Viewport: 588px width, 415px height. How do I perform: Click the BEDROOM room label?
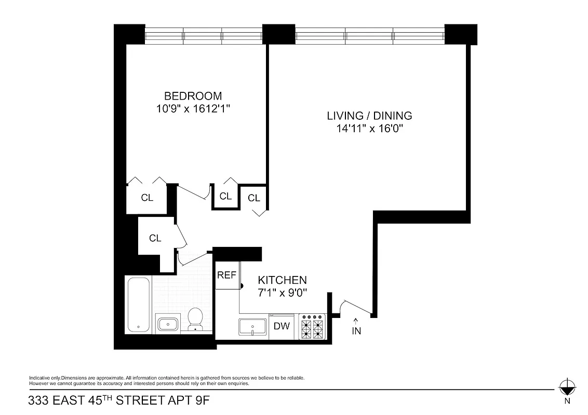pyautogui.click(x=193, y=96)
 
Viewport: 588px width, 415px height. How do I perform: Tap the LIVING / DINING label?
pyautogui.click(x=369, y=116)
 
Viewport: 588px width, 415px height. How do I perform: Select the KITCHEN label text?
pyautogui.click(x=282, y=280)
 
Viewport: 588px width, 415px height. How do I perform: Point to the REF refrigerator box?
pyautogui.click(x=226, y=275)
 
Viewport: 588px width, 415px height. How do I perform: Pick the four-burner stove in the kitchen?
pyautogui.click(x=312, y=327)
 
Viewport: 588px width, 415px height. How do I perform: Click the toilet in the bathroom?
pyautogui.click(x=195, y=319)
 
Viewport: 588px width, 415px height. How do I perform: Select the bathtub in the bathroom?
pyautogui.click(x=138, y=305)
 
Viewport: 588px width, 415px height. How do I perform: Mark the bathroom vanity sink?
pyautogui.click(x=168, y=325)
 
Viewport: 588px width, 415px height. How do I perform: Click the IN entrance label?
pyautogui.click(x=356, y=331)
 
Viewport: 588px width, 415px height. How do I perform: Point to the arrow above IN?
pyautogui.click(x=356, y=320)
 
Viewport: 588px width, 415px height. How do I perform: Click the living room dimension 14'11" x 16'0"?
pyautogui.click(x=369, y=128)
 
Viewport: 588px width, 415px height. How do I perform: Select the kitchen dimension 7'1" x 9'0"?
pyautogui.click(x=283, y=292)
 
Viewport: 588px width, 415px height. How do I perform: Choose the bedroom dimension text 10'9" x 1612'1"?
pyautogui.click(x=193, y=108)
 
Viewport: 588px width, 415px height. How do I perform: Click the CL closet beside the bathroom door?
pyautogui.click(x=155, y=238)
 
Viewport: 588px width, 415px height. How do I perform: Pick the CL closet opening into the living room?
pyautogui.click(x=254, y=198)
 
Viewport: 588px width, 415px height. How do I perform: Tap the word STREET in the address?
pyautogui.click(x=141, y=400)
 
